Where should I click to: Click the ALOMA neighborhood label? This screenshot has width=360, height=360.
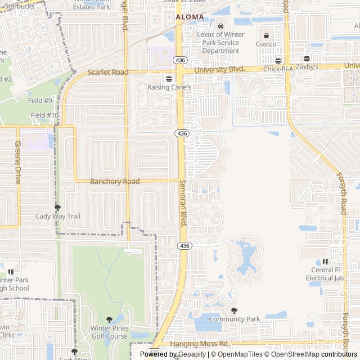(x=190, y=17)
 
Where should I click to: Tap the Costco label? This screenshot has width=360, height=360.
(x=266, y=44)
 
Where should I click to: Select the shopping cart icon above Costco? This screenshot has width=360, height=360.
(x=266, y=34)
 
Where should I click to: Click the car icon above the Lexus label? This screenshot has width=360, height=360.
(x=220, y=25)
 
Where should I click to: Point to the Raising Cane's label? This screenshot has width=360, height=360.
(x=169, y=87)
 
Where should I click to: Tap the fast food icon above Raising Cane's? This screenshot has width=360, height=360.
(x=169, y=78)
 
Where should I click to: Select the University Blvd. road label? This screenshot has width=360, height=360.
(x=220, y=69)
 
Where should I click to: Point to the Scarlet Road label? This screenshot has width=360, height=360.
(x=108, y=73)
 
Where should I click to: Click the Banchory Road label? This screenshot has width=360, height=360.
(x=115, y=182)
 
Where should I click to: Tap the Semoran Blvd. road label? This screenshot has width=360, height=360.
(x=183, y=203)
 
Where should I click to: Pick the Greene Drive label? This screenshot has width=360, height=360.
(x=17, y=163)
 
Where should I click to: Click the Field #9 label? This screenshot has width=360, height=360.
(x=40, y=101)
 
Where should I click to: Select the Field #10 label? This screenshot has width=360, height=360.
(x=44, y=115)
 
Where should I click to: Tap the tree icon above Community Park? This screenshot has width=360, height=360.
(x=234, y=310)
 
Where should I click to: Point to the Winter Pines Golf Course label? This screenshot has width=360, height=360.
(x=109, y=332)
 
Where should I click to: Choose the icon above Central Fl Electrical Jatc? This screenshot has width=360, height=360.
(x=325, y=262)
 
